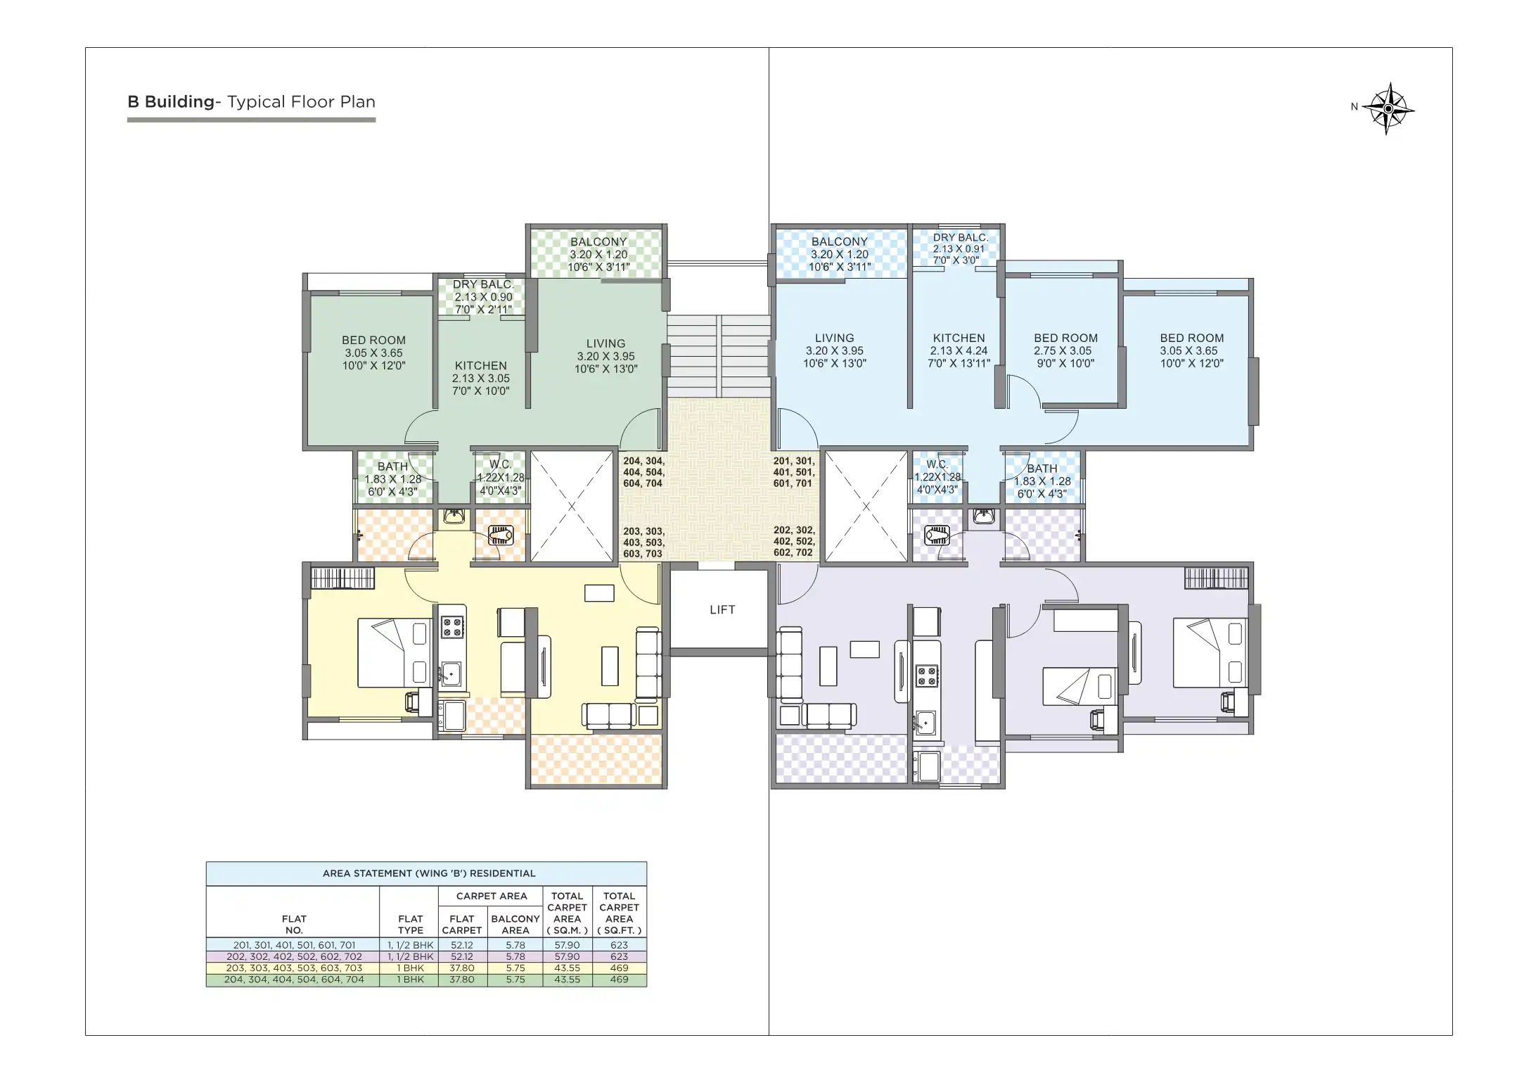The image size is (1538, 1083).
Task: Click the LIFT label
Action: (x=722, y=609)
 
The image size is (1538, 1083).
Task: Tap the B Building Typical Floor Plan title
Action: (x=251, y=102)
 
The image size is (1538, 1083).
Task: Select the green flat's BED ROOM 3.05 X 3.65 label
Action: (x=373, y=353)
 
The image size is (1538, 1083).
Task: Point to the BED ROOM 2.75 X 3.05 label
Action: (x=1065, y=350)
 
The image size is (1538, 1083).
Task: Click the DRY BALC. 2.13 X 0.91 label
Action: (x=959, y=248)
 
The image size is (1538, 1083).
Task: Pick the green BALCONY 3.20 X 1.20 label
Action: (x=598, y=254)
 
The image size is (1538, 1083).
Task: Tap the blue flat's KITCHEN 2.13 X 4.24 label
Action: (x=959, y=350)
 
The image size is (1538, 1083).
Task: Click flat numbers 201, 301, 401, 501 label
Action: (x=793, y=472)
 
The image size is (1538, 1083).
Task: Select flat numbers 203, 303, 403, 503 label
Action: (x=643, y=543)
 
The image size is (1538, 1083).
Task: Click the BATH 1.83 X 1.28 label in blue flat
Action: (x=1042, y=481)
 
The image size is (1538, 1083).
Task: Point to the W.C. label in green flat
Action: (x=500, y=477)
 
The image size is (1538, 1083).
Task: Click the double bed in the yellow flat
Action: (x=393, y=652)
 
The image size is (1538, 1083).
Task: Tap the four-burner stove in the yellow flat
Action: (x=452, y=626)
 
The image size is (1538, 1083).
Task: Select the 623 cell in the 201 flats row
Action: (x=619, y=945)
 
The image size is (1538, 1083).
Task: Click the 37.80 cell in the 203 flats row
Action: (x=461, y=968)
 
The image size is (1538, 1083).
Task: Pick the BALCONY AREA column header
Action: (x=515, y=924)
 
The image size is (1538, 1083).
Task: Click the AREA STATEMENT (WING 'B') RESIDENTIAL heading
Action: (x=428, y=873)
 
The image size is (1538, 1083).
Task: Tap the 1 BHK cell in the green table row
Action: (x=410, y=979)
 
